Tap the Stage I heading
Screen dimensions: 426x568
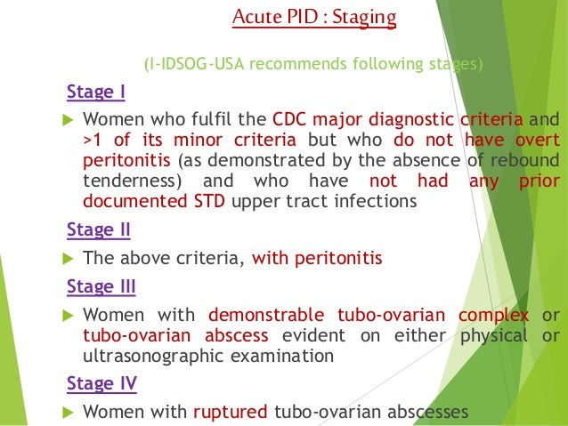[96, 92]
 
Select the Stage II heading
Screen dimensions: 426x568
[99, 230]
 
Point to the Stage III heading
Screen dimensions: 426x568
[101, 287]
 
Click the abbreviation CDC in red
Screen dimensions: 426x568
[289, 119]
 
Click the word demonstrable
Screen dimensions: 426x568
[258, 316]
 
